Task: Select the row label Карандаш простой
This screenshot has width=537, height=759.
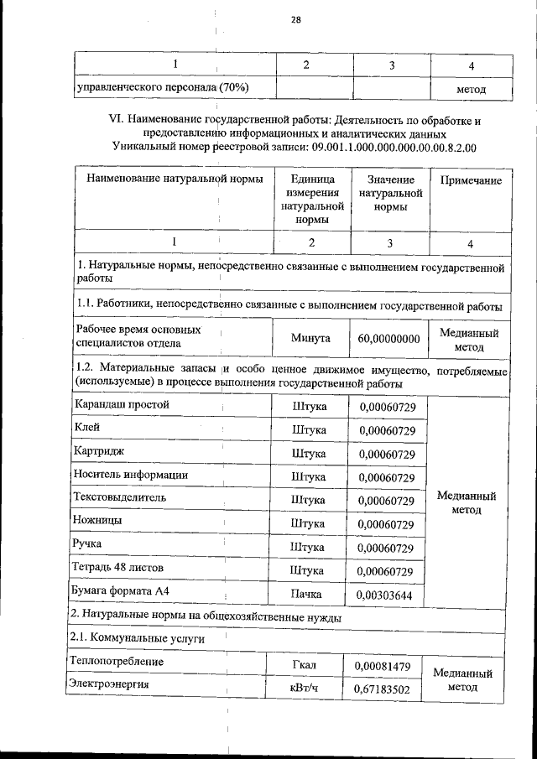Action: (x=123, y=405)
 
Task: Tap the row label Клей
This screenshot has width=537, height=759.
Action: (x=87, y=428)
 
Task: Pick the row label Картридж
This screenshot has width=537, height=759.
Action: (x=100, y=452)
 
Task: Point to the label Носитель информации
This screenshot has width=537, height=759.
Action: (x=131, y=476)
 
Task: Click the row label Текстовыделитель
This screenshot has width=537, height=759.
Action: (x=121, y=498)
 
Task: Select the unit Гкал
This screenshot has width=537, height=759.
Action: (x=309, y=666)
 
